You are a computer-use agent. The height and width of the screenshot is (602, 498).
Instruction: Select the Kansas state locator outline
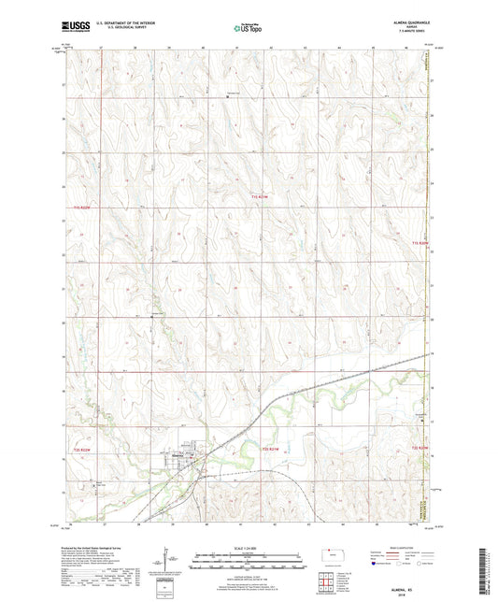click(334, 554)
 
